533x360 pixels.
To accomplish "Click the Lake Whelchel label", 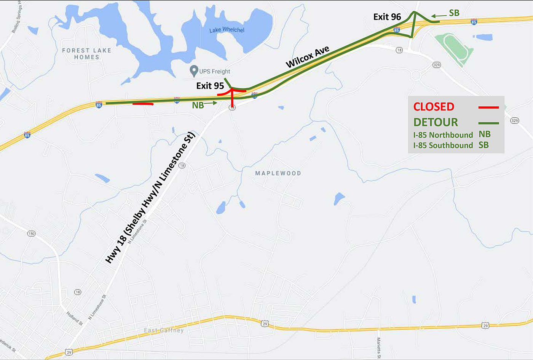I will (x=227, y=30).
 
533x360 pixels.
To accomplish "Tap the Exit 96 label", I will (x=387, y=17).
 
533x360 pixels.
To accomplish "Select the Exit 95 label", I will (x=210, y=86).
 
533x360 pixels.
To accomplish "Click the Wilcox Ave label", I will (x=308, y=57).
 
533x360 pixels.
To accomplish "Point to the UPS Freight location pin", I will (x=194, y=70).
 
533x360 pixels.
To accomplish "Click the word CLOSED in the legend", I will (x=434, y=107).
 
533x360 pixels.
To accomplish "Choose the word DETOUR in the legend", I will (x=436, y=122).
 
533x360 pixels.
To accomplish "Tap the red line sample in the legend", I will (x=488, y=108).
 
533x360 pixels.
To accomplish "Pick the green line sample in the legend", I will (x=488, y=123).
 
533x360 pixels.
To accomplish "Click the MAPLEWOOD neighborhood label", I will (x=278, y=173).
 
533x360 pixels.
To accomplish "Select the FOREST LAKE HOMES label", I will (x=86, y=54).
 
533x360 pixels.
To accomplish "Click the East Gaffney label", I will (x=164, y=330).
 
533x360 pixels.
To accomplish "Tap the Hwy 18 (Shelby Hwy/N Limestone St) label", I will (x=150, y=198).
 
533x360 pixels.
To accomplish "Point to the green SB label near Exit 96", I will (x=454, y=13).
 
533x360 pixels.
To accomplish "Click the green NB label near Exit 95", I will (x=198, y=105).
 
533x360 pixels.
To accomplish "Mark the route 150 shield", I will (x=31, y=234).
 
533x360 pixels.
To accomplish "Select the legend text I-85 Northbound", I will (x=443, y=135).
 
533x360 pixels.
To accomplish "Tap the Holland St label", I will (x=75, y=318).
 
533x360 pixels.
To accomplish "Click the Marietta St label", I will (x=379, y=347).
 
